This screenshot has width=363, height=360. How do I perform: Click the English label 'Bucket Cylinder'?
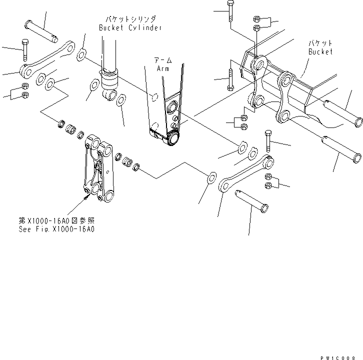click(130, 28)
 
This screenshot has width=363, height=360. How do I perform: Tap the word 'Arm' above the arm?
click(163, 68)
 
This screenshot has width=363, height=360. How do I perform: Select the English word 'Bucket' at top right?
click(320, 51)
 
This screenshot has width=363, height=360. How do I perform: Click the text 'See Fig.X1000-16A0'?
click(62, 229)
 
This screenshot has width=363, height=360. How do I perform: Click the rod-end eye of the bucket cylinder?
click(110, 94)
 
